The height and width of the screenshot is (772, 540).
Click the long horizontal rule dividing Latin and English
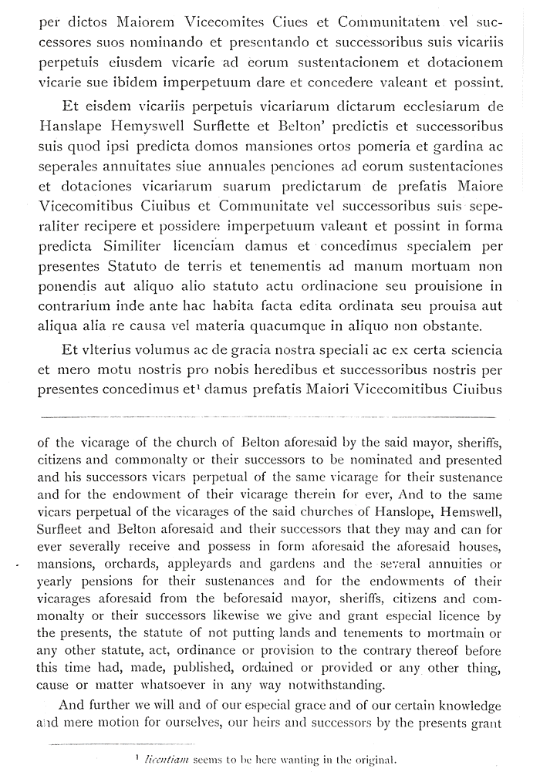269,415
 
